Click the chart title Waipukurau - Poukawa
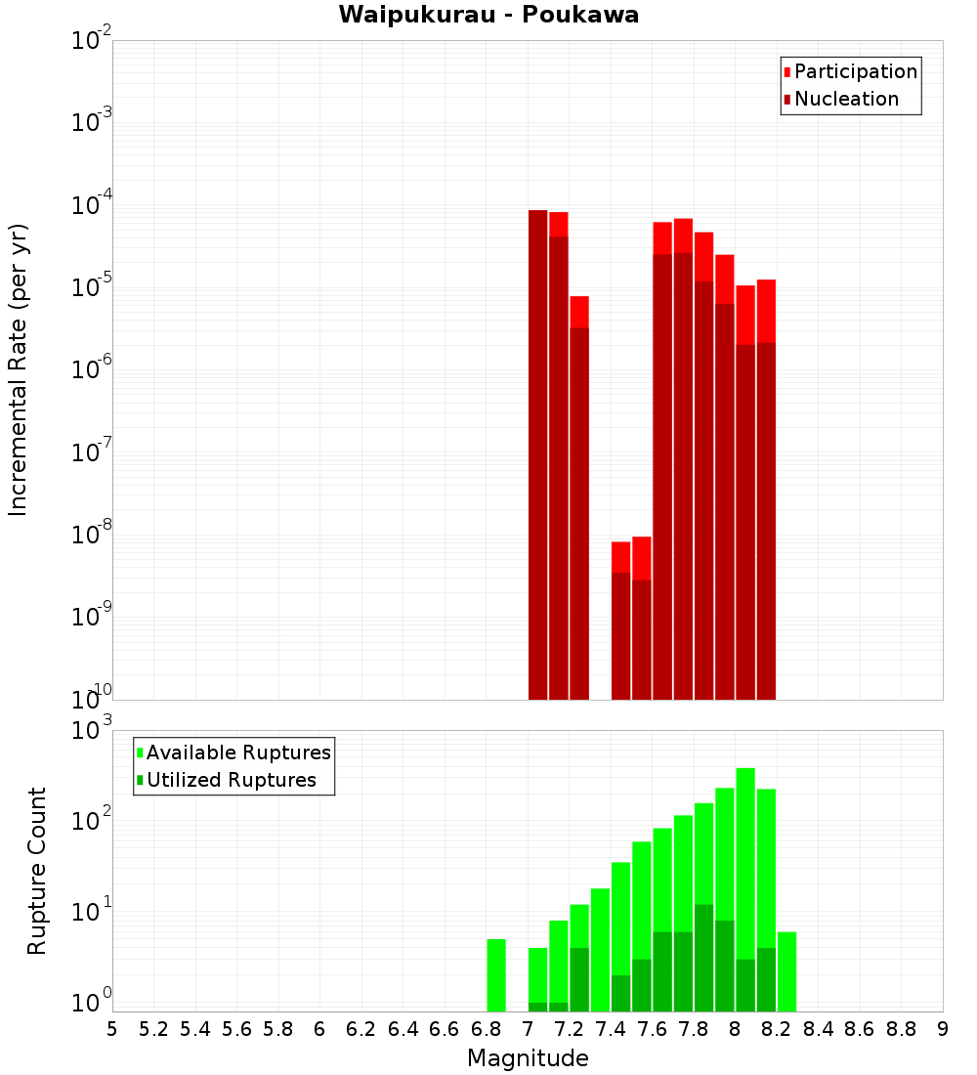[x=488, y=15]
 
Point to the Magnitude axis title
[x=528, y=1058]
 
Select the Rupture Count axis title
[x=37, y=870]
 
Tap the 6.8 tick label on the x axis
[x=486, y=1029]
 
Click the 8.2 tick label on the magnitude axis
[x=777, y=1029]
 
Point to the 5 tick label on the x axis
[x=112, y=1029]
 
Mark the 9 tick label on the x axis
[x=943, y=1029]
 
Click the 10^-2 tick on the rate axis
[x=92, y=41]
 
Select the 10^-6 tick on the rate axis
[x=92, y=369]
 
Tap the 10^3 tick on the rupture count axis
[x=92, y=730]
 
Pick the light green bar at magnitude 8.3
[x=786, y=971]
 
